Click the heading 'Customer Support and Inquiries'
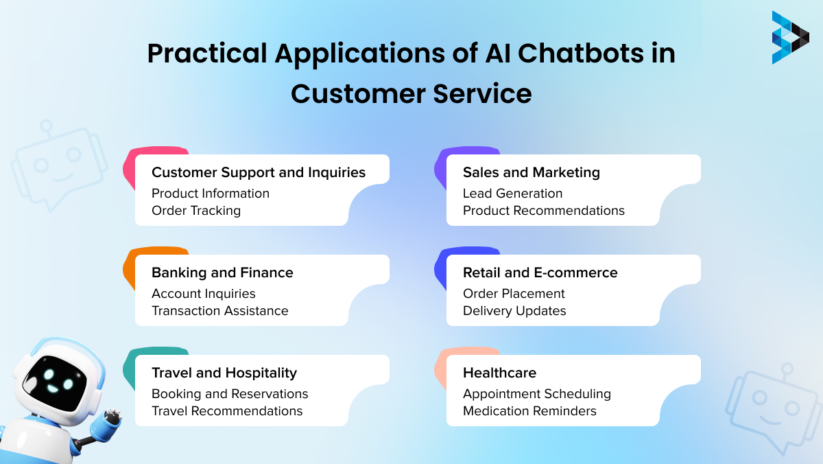tap(259, 172)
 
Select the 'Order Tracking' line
tap(196, 211)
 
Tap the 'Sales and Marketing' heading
tap(531, 172)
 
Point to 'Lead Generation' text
tap(512, 194)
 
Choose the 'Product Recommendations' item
tap(543, 211)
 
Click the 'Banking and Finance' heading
tap(222, 272)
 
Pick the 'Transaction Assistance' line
tap(219, 311)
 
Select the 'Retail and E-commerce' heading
tap(540, 272)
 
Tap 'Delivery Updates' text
tap(514, 311)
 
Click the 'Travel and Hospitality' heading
tap(224, 373)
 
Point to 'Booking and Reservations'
tap(230, 394)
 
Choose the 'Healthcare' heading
tap(499, 373)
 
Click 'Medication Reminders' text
tap(529, 411)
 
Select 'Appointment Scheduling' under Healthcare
tap(536, 394)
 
